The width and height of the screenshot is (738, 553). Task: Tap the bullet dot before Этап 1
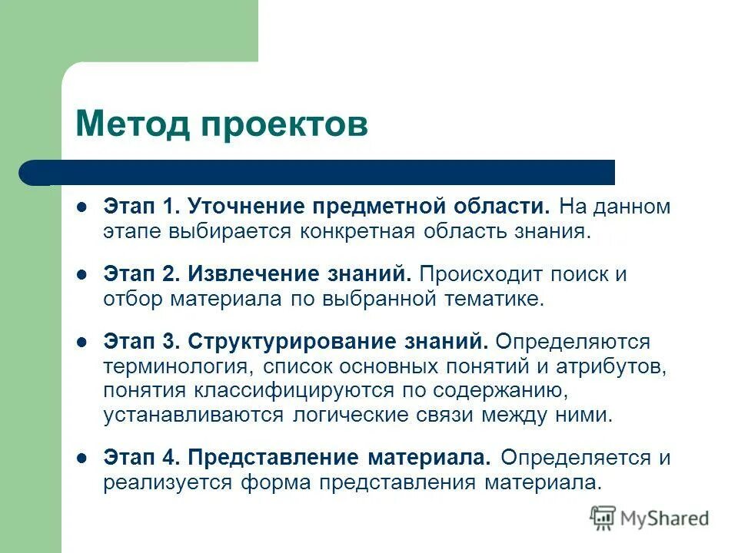coord(81,207)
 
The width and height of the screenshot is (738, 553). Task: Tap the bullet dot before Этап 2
coord(81,273)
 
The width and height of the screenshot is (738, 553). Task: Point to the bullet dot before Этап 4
coord(81,458)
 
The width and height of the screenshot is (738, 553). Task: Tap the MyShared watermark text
coord(665,518)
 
